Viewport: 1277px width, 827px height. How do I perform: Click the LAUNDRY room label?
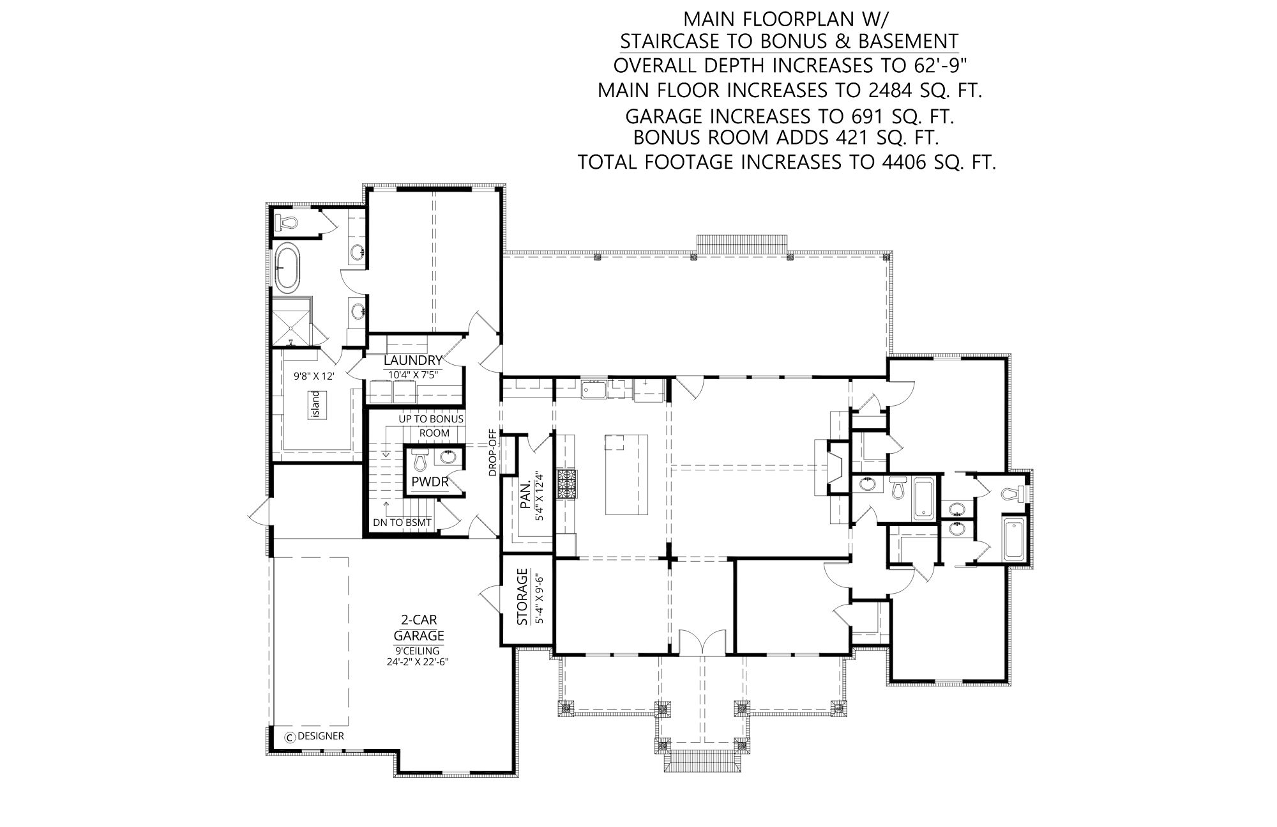(x=413, y=361)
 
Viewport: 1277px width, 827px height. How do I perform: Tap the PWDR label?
(x=430, y=482)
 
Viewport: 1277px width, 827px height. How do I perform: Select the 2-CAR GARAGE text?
(x=419, y=628)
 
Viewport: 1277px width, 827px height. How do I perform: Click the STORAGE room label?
(x=522, y=596)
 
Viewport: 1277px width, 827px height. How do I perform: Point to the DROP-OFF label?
(x=493, y=452)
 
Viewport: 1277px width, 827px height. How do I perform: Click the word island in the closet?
(x=315, y=405)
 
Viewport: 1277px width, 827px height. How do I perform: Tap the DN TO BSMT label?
(x=403, y=523)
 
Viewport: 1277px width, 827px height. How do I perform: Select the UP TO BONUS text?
(x=432, y=419)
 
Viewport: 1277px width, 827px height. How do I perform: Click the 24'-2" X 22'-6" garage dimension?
(x=418, y=662)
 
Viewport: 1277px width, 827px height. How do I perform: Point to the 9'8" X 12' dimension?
(x=314, y=376)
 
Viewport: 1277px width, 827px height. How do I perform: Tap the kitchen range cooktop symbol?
(x=566, y=484)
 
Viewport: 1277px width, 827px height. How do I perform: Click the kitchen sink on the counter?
(x=594, y=389)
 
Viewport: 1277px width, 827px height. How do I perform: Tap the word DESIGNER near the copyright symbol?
(x=321, y=736)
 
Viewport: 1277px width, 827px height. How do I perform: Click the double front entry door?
(x=702, y=642)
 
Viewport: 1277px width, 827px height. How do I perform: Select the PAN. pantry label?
(x=525, y=497)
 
